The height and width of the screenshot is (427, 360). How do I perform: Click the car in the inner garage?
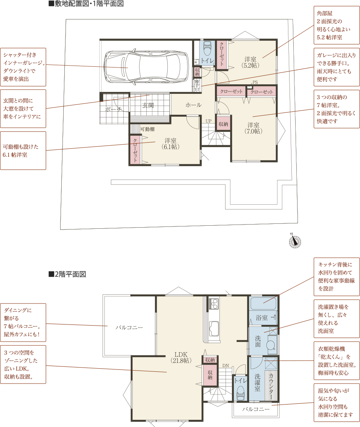tap(146, 67)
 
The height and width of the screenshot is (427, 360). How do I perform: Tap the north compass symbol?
tap(295, 241)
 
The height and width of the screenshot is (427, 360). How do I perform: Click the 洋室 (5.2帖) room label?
tap(250, 62)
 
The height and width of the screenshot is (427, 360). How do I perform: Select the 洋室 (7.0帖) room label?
tap(253, 128)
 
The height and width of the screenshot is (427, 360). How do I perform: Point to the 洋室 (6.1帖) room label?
tap(170, 144)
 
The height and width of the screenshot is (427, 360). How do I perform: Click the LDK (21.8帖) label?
tap(181, 358)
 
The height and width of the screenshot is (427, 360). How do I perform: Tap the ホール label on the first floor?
tap(194, 105)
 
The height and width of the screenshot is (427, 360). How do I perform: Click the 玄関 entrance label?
tap(148, 105)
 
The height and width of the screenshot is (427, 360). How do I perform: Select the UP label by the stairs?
tap(208, 121)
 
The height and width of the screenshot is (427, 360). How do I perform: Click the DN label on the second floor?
tap(226, 366)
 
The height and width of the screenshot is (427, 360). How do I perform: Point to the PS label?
tap(255, 82)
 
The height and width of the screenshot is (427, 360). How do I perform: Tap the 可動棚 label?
tap(147, 129)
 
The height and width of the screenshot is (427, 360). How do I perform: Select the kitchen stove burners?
tap(214, 304)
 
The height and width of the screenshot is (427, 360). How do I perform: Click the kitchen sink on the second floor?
tap(214, 328)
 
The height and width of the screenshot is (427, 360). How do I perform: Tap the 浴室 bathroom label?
tap(261, 318)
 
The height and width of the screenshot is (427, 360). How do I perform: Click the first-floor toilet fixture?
tap(207, 48)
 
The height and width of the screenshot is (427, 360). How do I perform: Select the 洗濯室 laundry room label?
tap(258, 382)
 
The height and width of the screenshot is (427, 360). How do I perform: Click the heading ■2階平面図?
tap(67, 274)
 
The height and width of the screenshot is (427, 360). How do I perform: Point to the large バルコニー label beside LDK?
tap(129, 327)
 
